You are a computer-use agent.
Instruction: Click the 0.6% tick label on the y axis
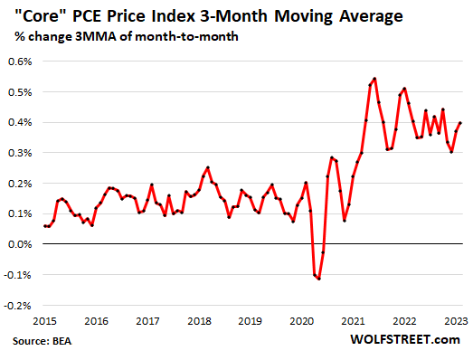(20, 62)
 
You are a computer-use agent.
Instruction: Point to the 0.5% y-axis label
(20, 91)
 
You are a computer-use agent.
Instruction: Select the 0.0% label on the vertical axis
(20, 244)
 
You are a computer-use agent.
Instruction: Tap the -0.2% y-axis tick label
(18, 305)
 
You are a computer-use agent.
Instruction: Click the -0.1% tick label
(18, 274)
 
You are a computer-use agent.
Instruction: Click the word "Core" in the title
(41, 15)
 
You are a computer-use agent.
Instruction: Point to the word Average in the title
(404, 15)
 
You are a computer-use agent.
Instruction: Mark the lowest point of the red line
(319, 279)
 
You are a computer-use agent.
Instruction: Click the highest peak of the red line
(374, 79)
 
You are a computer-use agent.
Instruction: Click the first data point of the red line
(44, 226)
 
